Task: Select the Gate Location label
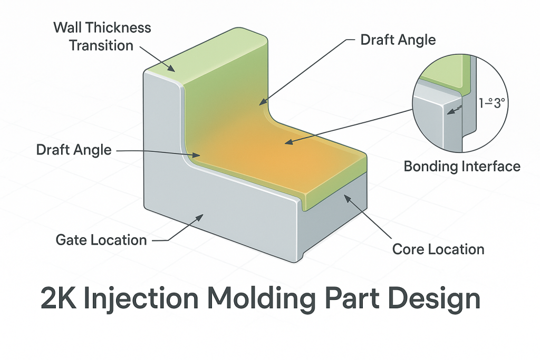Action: [x=101, y=240]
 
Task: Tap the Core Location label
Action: [x=438, y=249]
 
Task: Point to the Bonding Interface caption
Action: [x=462, y=167]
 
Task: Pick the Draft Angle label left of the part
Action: [x=74, y=150]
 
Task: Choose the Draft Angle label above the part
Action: [x=398, y=40]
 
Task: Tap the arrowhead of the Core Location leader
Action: [x=346, y=198]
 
